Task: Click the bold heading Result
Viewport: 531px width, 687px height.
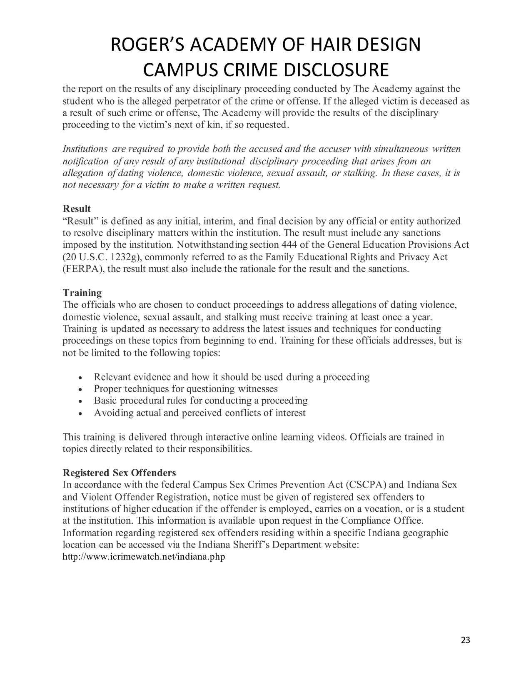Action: (x=77, y=209)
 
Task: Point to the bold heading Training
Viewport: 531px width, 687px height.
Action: (x=82, y=293)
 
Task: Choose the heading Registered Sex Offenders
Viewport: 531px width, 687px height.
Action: (x=119, y=473)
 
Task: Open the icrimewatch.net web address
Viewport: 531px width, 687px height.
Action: (x=144, y=557)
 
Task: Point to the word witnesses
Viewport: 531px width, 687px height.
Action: (x=257, y=389)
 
